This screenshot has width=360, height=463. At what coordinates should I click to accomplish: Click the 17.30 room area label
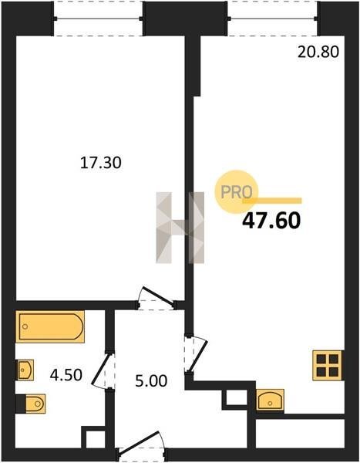101,163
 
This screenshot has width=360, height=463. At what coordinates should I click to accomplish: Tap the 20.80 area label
318,52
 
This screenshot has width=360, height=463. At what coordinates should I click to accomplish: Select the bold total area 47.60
271,221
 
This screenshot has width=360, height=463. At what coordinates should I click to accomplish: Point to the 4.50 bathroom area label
66,375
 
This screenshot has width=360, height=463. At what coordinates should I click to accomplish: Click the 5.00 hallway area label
151,381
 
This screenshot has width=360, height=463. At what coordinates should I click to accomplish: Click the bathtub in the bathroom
50,326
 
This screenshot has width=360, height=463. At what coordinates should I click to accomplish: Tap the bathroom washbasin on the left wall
25,370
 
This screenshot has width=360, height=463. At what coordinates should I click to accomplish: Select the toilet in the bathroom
31,404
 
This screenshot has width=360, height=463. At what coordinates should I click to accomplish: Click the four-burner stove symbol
328,365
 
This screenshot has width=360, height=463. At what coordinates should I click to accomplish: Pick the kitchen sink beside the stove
270,400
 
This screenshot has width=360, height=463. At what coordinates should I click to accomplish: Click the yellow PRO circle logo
236,192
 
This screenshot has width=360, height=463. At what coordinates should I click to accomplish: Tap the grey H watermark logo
180,228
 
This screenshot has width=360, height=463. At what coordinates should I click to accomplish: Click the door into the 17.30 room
156,299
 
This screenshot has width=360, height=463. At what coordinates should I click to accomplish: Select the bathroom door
103,370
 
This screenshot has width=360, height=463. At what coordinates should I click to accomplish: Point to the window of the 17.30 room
98,19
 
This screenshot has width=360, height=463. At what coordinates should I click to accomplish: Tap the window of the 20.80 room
272,19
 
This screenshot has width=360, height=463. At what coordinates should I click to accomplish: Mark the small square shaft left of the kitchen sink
234,399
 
